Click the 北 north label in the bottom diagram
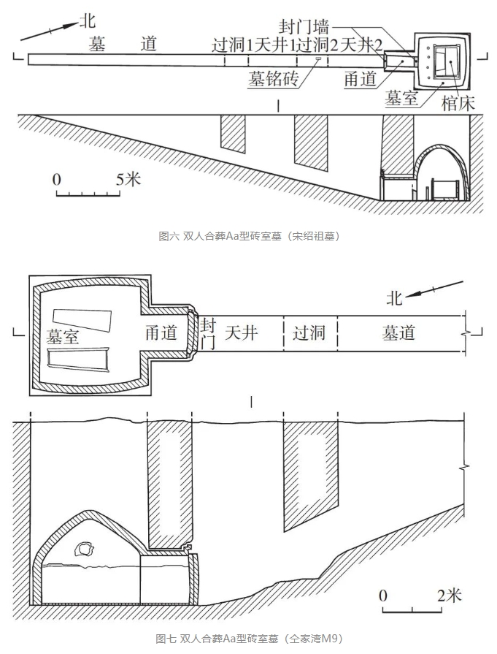pyautogui.click(x=395, y=297)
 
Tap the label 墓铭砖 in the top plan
pyautogui.click(x=271, y=79)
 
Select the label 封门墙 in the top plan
pyautogui.click(x=300, y=28)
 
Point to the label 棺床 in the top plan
pyautogui.click(x=458, y=104)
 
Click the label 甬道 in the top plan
pyautogui.click(x=360, y=79)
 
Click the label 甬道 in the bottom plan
pyautogui.click(x=161, y=332)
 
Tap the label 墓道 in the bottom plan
pyautogui.click(x=398, y=333)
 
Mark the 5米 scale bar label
pyautogui.click(x=128, y=179)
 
